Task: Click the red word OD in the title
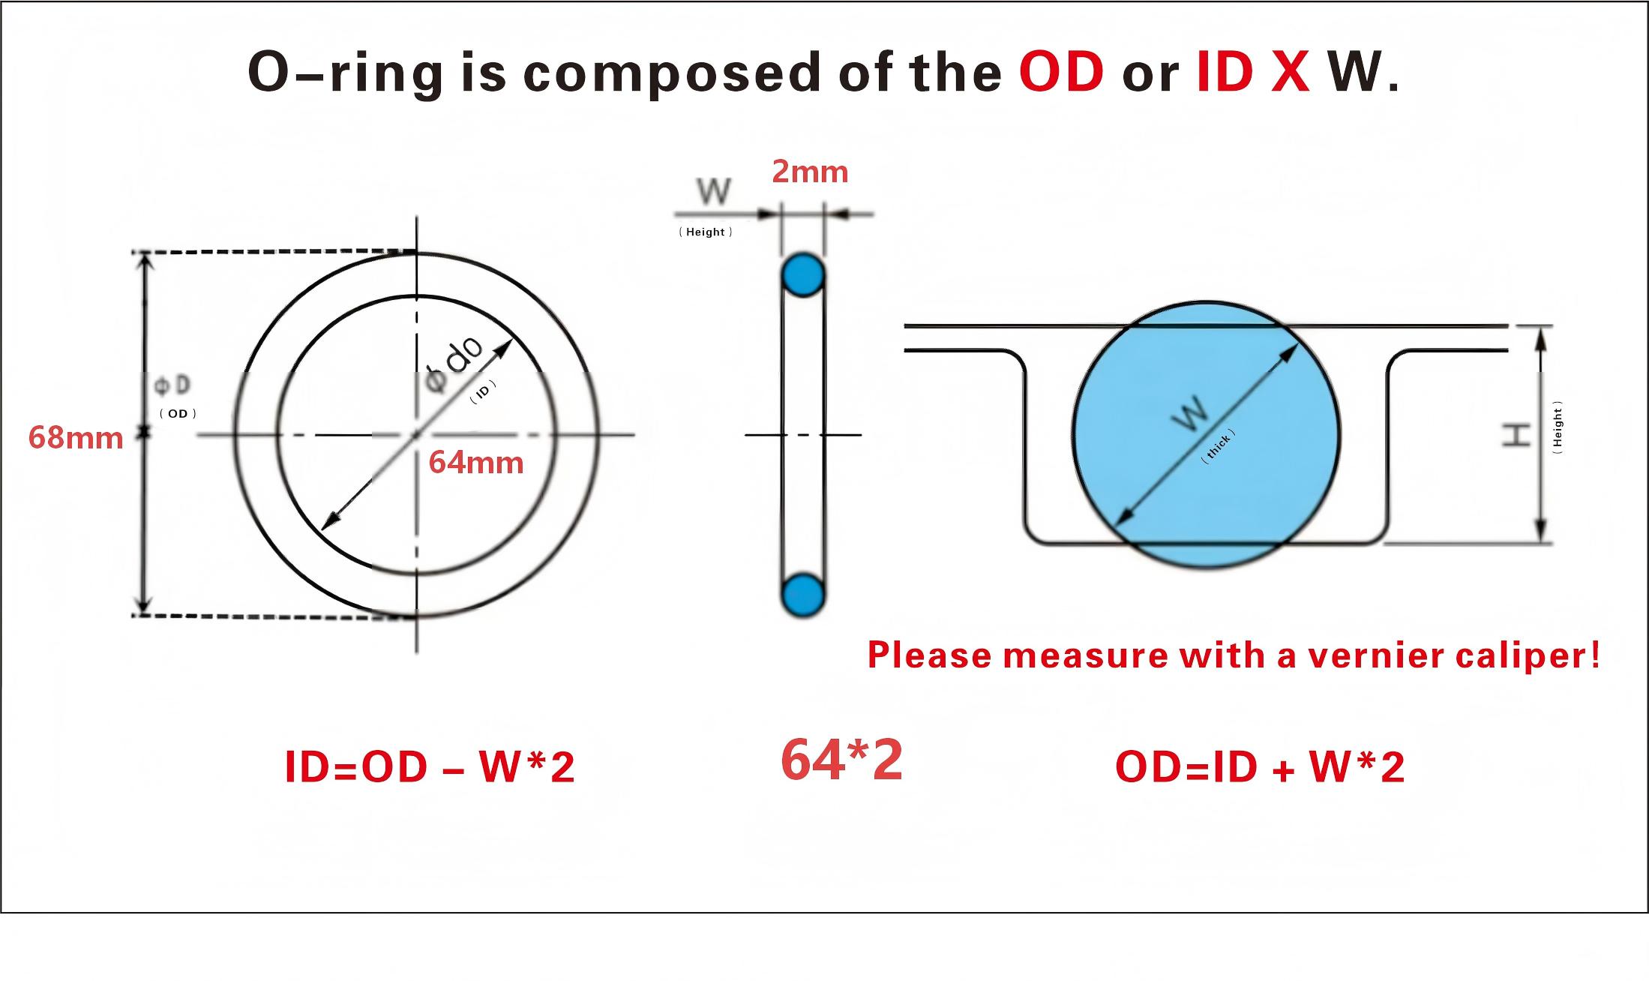coord(1061,72)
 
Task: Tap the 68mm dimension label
coord(76,437)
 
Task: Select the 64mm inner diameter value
coord(476,462)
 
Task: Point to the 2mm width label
coord(810,172)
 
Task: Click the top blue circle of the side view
coord(803,276)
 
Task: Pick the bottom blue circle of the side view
coord(803,595)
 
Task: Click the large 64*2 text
coord(841,760)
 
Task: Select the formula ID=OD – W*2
coord(430,767)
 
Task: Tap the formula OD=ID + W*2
coord(1260,767)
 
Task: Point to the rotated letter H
coord(1516,434)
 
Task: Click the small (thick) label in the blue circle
coord(1218,447)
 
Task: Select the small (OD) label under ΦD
coord(178,413)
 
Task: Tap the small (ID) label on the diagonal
coord(483,391)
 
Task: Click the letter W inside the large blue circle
coord(1190,413)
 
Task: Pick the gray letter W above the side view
coord(713,192)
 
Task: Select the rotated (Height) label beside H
coord(1558,428)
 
